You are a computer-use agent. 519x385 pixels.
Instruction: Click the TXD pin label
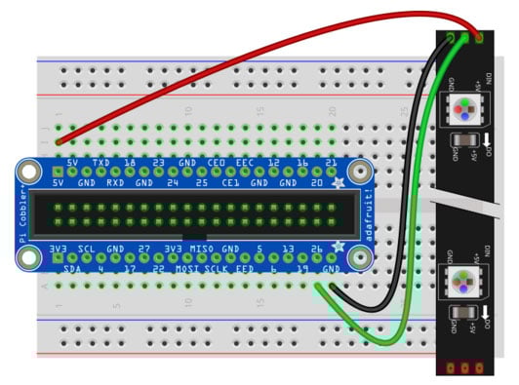[x=100, y=162]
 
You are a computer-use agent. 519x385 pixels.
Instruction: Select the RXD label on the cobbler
[x=115, y=181]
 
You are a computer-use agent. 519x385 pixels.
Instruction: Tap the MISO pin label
[x=202, y=250]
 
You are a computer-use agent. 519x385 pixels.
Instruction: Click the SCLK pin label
[x=217, y=267]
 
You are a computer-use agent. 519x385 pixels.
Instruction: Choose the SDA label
[x=72, y=267]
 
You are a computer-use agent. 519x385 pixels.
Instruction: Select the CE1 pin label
[x=231, y=181]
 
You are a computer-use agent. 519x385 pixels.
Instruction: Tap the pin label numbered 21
[x=332, y=162]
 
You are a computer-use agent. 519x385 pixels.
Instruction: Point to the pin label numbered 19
[x=302, y=267]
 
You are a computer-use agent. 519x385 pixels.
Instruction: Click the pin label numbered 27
[x=144, y=250]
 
